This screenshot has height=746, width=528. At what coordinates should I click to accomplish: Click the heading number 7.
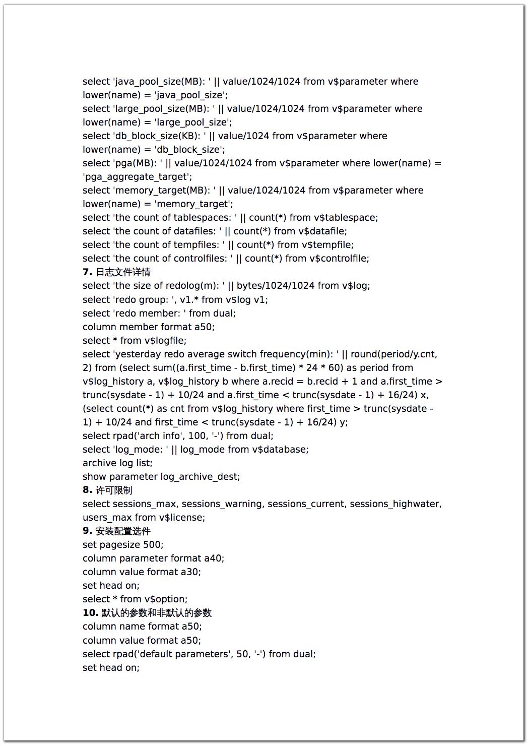tap(87, 272)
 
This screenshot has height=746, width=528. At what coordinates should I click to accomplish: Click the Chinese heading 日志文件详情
tap(123, 272)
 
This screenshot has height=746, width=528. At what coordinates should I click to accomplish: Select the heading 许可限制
tap(114, 490)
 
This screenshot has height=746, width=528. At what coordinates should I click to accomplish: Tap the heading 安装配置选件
tap(123, 531)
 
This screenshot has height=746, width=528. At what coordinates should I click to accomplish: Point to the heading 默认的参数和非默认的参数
tap(157, 613)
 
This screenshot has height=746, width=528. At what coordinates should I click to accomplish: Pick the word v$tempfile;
tap(327, 245)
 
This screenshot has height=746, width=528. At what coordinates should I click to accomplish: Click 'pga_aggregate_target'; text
tap(138, 177)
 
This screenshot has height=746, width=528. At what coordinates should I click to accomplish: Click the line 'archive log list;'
tap(117, 463)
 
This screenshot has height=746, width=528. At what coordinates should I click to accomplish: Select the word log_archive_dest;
tap(200, 477)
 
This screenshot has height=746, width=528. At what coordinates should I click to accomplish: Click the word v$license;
tap(182, 518)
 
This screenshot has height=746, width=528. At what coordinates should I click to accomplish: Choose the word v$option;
tap(166, 599)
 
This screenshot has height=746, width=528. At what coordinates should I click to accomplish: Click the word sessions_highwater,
tap(395, 504)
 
